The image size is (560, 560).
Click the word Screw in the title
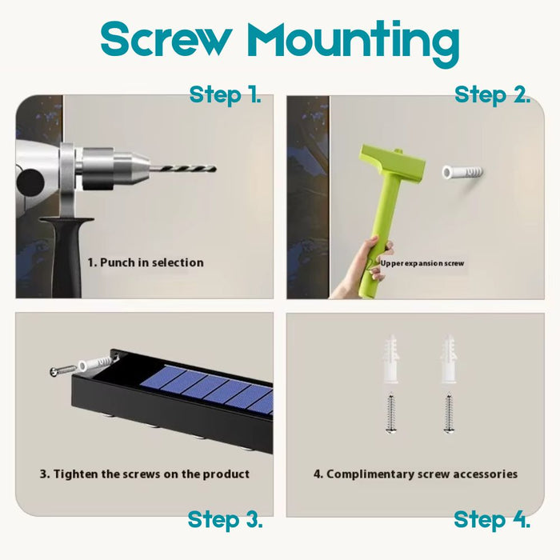click(x=165, y=39)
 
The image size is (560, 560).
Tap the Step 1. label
click(x=225, y=94)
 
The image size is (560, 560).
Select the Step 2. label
click(x=492, y=94)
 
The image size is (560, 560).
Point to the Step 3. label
click(x=225, y=519)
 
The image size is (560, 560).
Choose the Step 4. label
click(x=492, y=519)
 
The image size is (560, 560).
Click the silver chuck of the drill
click(x=114, y=168)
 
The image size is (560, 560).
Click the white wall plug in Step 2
click(x=462, y=172)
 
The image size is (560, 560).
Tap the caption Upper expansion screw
click(x=422, y=263)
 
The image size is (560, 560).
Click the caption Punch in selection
click(x=146, y=262)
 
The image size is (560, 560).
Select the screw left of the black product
click(x=63, y=370)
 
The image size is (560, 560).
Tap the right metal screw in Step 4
click(x=448, y=414)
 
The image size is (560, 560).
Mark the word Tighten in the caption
click(x=76, y=474)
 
